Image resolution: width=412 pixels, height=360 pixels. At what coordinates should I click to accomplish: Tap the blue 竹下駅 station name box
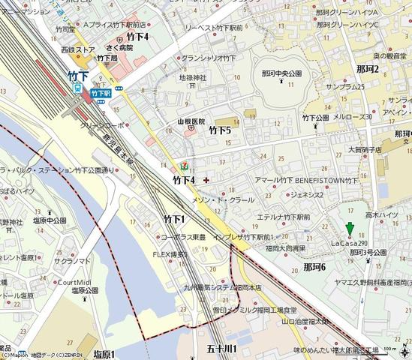click(x=100, y=94)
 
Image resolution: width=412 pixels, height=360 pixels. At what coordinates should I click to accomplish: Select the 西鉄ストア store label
click(x=78, y=50)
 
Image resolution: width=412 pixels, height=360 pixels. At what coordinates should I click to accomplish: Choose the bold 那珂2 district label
click(x=368, y=69)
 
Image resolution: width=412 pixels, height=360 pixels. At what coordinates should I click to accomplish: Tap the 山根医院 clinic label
click(x=191, y=121)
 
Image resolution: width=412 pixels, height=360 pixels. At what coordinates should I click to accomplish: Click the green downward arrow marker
click(x=349, y=230)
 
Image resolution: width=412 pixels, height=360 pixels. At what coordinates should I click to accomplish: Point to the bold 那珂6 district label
click(x=314, y=267)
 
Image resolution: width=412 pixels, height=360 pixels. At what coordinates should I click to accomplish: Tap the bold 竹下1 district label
click(x=174, y=219)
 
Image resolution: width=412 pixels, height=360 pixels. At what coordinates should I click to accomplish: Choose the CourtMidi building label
click(x=75, y=281)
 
